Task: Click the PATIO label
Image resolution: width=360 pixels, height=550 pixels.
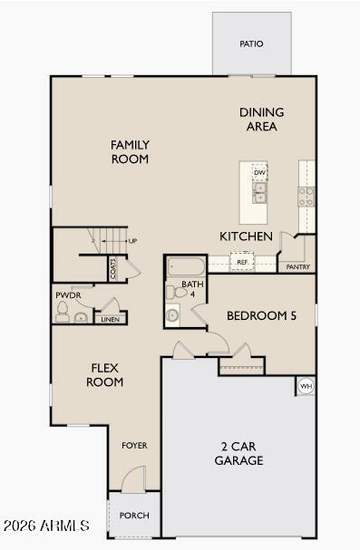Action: (x=251, y=43)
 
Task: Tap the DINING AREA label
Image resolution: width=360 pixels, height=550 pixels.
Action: (x=261, y=120)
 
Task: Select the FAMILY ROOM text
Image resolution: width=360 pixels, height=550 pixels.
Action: (x=130, y=151)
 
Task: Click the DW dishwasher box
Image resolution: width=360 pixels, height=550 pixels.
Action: (x=259, y=172)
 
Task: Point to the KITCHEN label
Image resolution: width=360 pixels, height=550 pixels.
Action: (x=246, y=236)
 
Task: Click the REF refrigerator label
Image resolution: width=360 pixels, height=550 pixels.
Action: (x=242, y=262)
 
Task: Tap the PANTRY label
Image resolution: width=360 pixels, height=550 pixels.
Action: (x=298, y=267)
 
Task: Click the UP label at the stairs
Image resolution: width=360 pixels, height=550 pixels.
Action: (x=132, y=241)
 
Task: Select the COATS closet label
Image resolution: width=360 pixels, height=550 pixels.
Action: (x=113, y=267)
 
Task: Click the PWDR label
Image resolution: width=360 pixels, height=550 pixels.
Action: (x=68, y=295)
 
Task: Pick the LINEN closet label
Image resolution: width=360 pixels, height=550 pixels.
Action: (x=110, y=319)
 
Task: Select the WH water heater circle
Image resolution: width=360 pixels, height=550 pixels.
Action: (x=306, y=386)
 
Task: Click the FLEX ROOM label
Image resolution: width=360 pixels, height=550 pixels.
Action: (x=105, y=374)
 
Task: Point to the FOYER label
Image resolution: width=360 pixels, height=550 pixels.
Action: (x=134, y=446)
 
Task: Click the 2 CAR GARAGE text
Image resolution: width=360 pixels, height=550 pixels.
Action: (x=238, y=453)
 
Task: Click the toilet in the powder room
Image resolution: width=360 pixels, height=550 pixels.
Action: (x=63, y=312)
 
